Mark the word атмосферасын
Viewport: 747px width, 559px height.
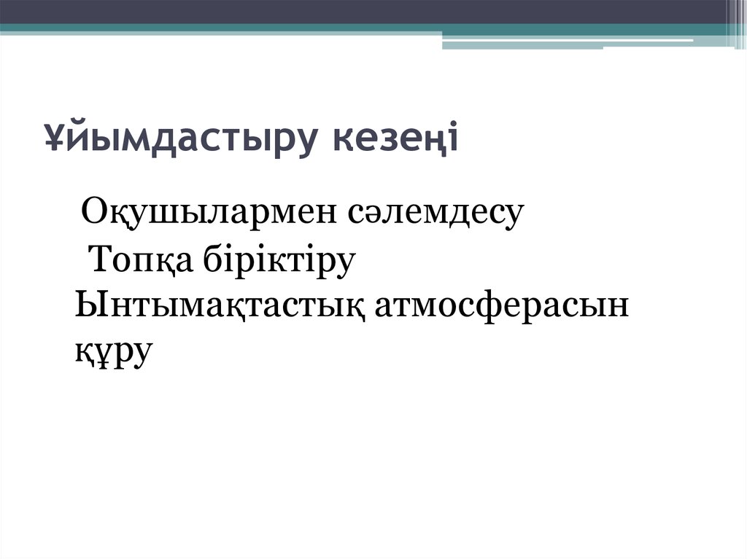click(501, 306)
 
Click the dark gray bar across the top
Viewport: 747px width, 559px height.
click(365, 12)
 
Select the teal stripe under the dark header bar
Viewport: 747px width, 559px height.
click(219, 28)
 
